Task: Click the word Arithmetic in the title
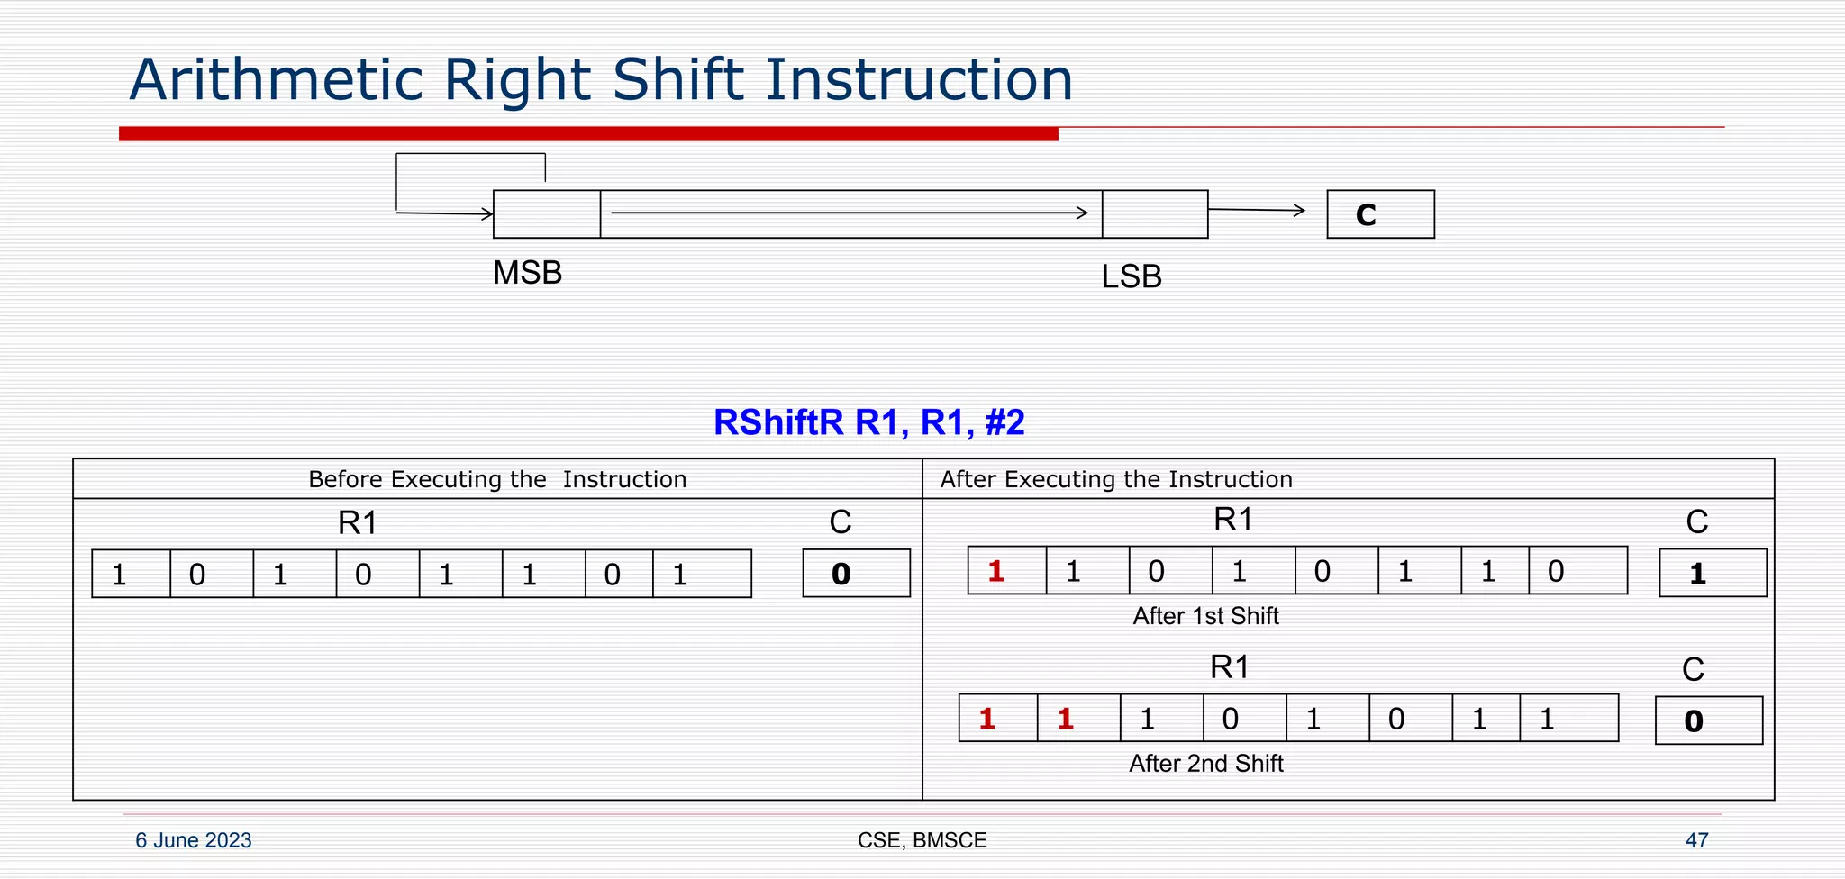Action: click(x=276, y=79)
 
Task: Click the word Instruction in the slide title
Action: click(x=919, y=79)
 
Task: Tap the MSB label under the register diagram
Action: click(x=527, y=272)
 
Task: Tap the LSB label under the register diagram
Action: click(x=1132, y=276)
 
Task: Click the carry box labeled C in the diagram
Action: click(x=1380, y=214)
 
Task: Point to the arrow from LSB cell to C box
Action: click(x=1257, y=210)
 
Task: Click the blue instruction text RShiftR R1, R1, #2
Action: click(x=868, y=421)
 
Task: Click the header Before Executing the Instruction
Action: click(x=497, y=479)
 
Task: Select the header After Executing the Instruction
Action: click(x=1116, y=479)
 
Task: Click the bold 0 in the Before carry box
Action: click(x=841, y=574)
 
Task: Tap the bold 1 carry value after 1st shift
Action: click(x=1697, y=574)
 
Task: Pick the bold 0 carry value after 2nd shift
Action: click(x=1694, y=720)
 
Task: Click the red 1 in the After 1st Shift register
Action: click(x=995, y=571)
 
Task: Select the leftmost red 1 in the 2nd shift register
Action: click(x=987, y=719)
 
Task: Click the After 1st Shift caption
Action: click(x=1205, y=616)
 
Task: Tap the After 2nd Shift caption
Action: click(x=1205, y=764)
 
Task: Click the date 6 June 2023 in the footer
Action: click(x=193, y=840)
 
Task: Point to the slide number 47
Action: click(x=1696, y=840)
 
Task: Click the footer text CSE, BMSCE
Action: click(x=922, y=840)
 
